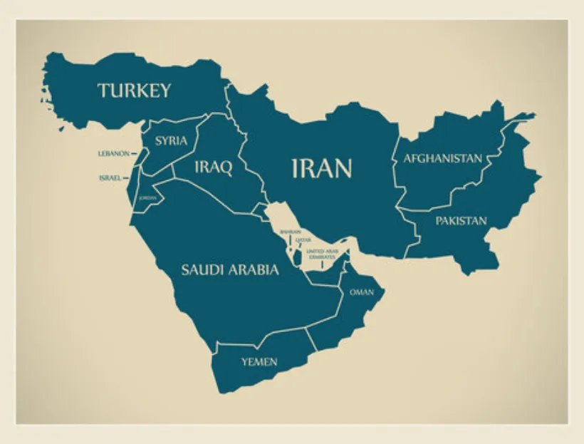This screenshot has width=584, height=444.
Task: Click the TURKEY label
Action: [x=135, y=91]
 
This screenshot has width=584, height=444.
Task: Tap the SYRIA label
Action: [x=172, y=140]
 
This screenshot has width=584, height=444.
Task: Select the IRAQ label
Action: [x=213, y=167]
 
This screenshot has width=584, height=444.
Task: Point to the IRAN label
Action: [x=322, y=168]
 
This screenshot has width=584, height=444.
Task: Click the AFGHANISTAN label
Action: [x=443, y=158]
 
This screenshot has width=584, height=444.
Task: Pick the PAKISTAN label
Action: [x=462, y=221]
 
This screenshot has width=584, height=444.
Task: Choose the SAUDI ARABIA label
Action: [x=229, y=269]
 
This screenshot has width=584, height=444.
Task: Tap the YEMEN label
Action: [x=259, y=362]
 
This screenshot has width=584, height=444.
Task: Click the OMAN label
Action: [x=362, y=292]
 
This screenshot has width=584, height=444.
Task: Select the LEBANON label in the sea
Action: [x=113, y=153]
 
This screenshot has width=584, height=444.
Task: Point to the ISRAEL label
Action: [x=110, y=178]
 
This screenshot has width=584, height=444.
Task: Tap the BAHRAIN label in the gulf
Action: [x=291, y=232]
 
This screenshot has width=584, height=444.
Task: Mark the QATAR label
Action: [x=304, y=240]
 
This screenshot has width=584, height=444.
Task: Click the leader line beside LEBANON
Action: [x=134, y=153]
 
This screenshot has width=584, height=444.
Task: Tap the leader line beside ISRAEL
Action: [x=126, y=177]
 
